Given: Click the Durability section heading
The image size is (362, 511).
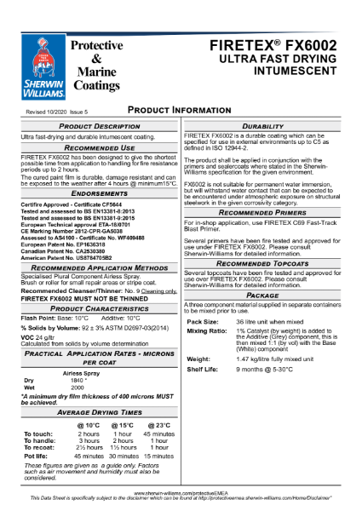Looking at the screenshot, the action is point(269,125).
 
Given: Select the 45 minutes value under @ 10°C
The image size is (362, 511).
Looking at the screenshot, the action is point(89,456).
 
